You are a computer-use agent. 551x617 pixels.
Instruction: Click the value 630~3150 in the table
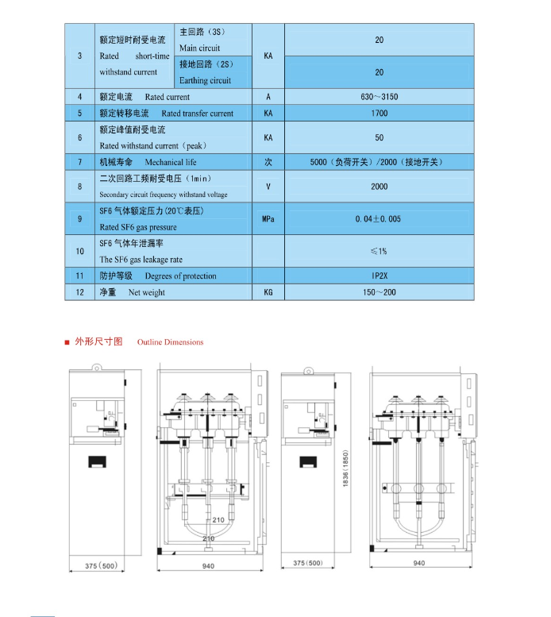[x=379, y=97]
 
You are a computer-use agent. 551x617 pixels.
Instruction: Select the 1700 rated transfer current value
[x=379, y=114]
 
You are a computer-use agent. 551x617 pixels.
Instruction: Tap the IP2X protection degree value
[x=379, y=276]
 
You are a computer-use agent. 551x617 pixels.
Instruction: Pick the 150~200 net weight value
[x=379, y=292]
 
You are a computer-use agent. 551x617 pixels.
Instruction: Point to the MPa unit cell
[x=268, y=219]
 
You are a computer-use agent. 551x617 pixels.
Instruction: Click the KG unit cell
[x=268, y=292]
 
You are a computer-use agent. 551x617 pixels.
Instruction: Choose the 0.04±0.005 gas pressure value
[x=379, y=219]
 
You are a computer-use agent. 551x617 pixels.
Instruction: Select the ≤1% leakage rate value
[x=379, y=252]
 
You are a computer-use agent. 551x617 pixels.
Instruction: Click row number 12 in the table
[x=79, y=292]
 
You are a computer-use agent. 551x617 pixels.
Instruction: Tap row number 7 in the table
[x=79, y=162]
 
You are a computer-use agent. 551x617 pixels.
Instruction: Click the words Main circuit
[x=200, y=48]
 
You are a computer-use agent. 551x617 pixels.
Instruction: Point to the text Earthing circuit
[x=205, y=80]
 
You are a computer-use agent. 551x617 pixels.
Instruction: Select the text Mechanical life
[x=169, y=162]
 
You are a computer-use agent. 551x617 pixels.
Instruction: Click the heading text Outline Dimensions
[x=170, y=342]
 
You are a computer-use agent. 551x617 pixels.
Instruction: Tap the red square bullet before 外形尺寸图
[x=67, y=342]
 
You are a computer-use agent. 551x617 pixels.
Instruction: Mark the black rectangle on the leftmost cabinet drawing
[x=97, y=461]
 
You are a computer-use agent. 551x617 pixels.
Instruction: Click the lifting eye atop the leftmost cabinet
[x=97, y=368]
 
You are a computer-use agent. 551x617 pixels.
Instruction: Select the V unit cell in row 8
[x=268, y=187]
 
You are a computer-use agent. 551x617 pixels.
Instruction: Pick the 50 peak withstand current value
[x=379, y=137]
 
